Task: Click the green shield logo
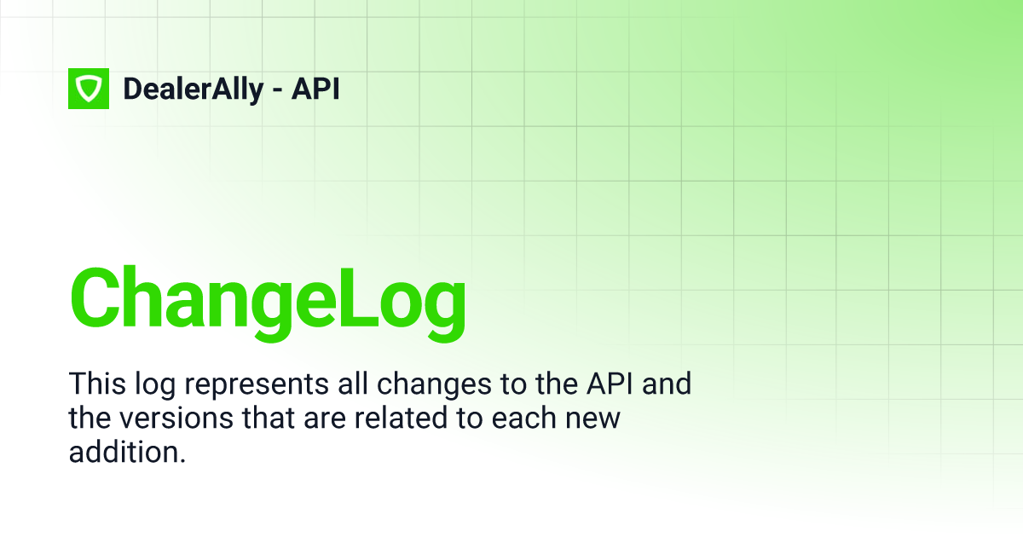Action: [89, 89]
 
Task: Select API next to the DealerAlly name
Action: [315, 89]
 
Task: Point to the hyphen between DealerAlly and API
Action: [277, 90]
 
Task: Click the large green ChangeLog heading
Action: [268, 299]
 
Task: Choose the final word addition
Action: [127, 453]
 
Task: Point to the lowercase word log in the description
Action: [149, 385]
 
